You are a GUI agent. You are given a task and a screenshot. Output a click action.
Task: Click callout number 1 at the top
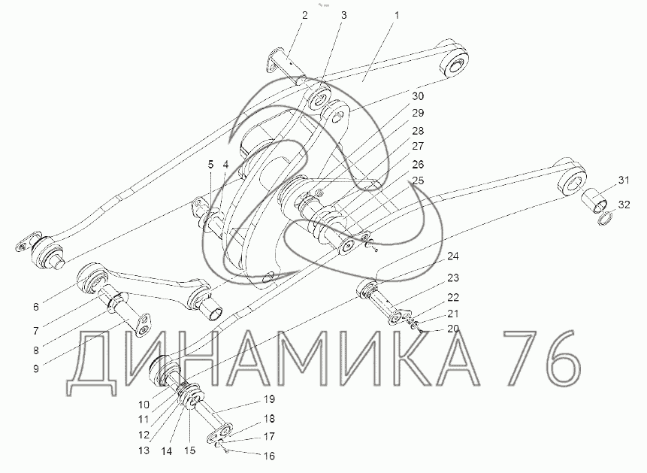(397, 16)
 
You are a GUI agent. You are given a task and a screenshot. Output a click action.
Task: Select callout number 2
(304, 16)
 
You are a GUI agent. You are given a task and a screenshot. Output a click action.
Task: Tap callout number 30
(418, 96)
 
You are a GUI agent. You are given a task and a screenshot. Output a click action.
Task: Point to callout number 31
(624, 180)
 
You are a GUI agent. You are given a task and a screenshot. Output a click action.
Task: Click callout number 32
(624, 204)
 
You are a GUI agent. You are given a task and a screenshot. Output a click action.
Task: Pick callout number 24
(452, 256)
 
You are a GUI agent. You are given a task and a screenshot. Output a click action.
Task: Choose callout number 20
(452, 329)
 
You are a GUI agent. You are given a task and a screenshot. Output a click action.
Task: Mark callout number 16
(268, 456)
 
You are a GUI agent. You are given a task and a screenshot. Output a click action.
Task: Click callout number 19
(269, 399)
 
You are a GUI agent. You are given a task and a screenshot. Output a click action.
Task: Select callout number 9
(36, 368)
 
